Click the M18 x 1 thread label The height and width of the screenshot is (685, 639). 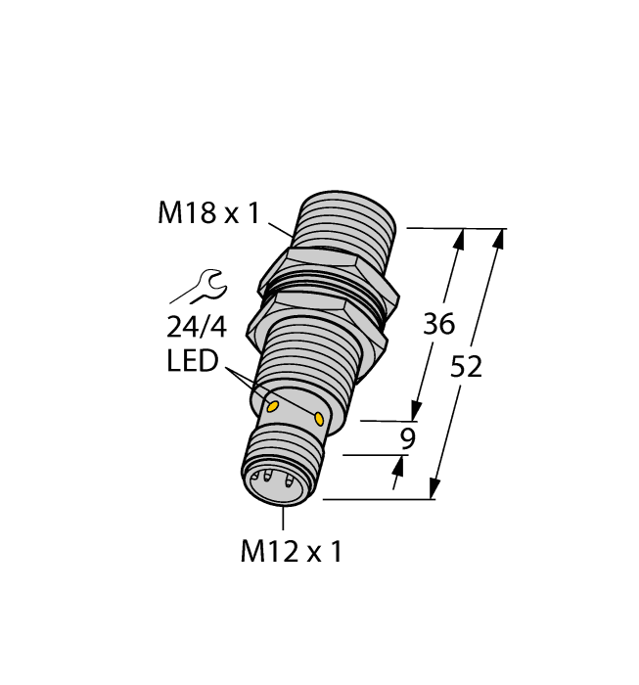208,212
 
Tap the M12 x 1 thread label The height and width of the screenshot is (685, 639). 291,552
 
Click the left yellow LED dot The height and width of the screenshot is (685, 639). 274,405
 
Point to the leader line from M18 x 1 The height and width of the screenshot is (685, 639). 278,230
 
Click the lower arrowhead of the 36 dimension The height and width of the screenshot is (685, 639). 418,412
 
